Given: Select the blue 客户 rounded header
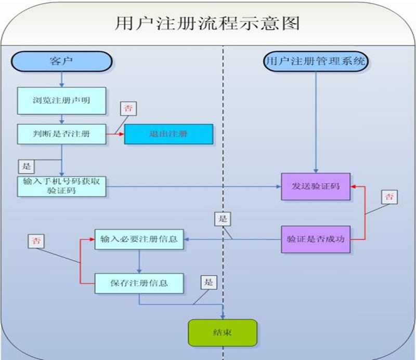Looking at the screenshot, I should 61,61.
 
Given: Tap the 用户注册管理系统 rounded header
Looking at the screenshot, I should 316,61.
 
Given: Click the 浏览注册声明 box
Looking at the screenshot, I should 61,100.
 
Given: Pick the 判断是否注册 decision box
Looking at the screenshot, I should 61,134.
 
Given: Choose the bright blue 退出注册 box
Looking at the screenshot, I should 168,134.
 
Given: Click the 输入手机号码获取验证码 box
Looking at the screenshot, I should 61,186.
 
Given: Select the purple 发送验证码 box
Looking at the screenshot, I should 316,186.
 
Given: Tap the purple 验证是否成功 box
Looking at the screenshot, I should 316,239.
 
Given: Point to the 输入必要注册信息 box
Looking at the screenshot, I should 139,239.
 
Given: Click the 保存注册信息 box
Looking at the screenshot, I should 139,283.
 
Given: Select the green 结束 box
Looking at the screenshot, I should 223,332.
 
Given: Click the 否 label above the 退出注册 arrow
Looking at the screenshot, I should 127,109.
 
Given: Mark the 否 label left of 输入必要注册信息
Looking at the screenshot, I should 35,241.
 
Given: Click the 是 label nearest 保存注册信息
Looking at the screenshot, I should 209,283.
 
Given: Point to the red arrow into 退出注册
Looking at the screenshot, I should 115,134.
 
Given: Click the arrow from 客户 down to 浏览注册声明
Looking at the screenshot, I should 61,79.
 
